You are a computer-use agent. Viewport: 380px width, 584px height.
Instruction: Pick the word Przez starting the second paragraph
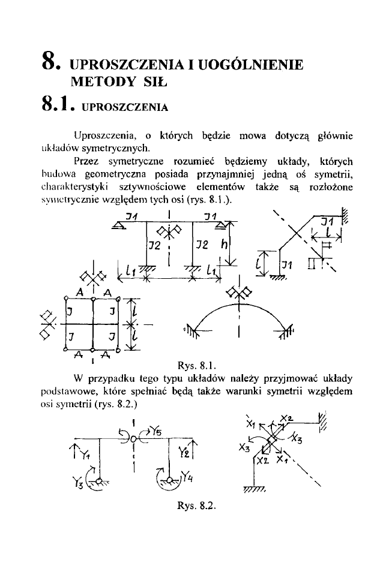[x=86, y=161]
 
